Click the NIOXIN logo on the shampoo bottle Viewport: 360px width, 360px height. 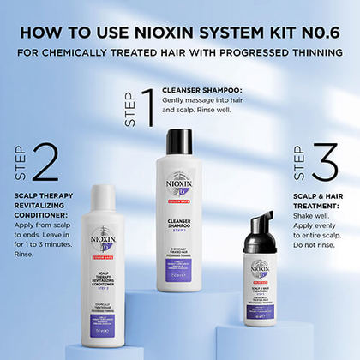point(179,183)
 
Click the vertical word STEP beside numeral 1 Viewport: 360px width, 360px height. point(130,108)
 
